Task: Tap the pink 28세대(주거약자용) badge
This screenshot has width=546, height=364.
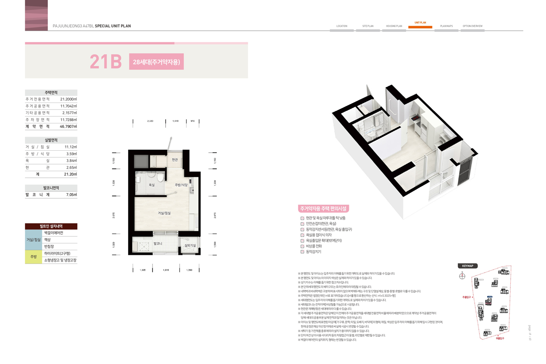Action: pyautogui.click(x=156, y=62)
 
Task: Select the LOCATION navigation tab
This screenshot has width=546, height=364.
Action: pyautogui.click(x=342, y=26)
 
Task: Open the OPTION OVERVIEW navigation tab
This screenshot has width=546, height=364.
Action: pyautogui.click(x=472, y=26)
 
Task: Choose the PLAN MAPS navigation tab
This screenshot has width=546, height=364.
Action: pyautogui.click(x=446, y=26)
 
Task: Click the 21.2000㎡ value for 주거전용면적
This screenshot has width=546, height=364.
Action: pyautogui.click(x=68, y=100)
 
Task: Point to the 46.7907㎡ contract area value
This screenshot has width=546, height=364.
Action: pyautogui.click(x=68, y=126)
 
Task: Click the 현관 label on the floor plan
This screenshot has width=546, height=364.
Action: pyautogui.click(x=175, y=160)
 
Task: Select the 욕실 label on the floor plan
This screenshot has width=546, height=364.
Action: pyautogui.click(x=152, y=185)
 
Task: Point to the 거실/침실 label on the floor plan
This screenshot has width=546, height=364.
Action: pyautogui.click(x=164, y=213)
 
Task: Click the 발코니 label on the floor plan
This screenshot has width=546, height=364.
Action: pyautogui.click(x=158, y=244)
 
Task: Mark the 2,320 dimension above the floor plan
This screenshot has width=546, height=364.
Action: pyautogui.click(x=150, y=121)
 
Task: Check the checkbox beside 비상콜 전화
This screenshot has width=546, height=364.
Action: pyautogui.click(x=302, y=246)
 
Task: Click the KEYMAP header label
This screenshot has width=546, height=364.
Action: pyautogui.click(x=467, y=266)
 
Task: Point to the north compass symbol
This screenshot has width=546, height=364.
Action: pyautogui.click(x=462, y=276)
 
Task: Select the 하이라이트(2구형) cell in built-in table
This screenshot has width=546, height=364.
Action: pyautogui.click(x=57, y=254)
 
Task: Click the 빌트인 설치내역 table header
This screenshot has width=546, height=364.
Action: pyautogui.click(x=51, y=226)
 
